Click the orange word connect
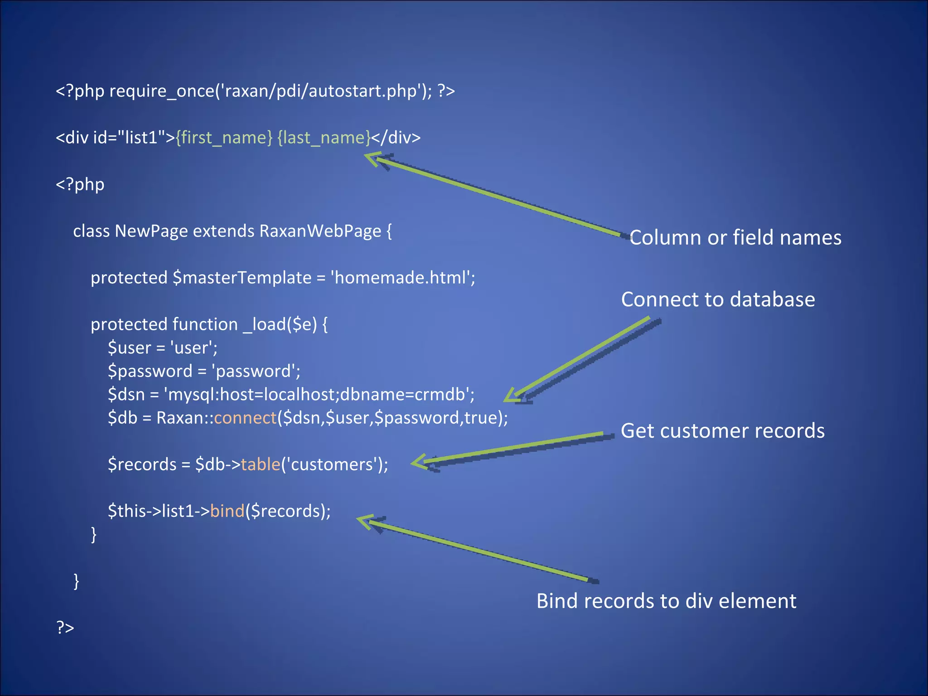pyautogui.click(x=245, y=417)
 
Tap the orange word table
pyautogui.click(x=261, y=464)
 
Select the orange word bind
pyautogui.click(x=227, y=511)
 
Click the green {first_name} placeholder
pyautogui.click(x=224, y=137)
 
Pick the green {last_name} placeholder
pyautogui.click(x=324, y=137)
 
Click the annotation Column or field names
pyautogui.click(x=735, y=237)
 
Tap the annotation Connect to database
pyautogui.click(x=718, y=300)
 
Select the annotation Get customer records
pyautogui.click(x=722, y=431)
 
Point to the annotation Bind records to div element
pyautogui.click(x=666, y=601)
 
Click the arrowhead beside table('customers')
pyautogui.click(x=419, y=462)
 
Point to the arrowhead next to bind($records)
pyautogui.click(x=365, y=521)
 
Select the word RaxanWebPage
pyautogui.click(x=320, y=231)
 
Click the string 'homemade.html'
pyautogui.click(x=403, y=277)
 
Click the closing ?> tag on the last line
pyautogui.click(x=65, y=627)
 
